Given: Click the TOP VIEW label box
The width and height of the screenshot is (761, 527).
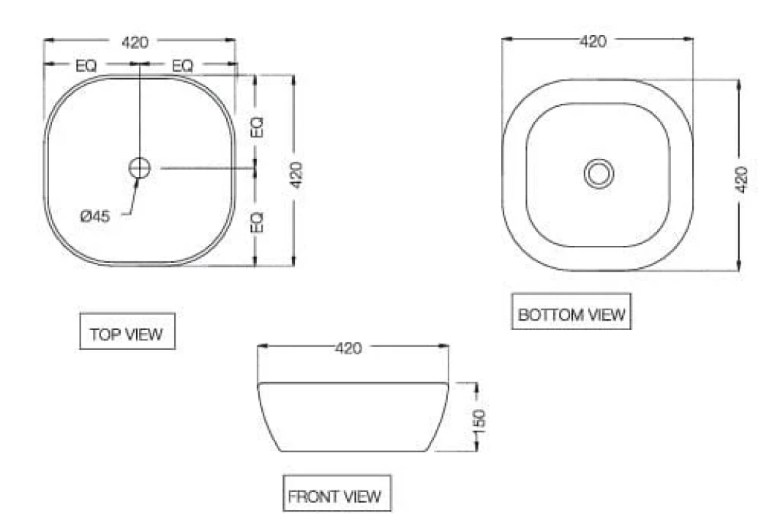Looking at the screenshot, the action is tap(127, 331).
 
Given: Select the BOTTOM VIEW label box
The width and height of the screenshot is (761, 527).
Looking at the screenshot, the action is tap(571, 312).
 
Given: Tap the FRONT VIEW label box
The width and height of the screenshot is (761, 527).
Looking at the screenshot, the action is tap(337, 493).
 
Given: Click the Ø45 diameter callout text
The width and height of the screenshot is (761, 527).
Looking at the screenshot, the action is tap(95, 215).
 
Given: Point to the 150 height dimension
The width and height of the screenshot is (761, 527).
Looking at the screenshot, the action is tap(479, 420).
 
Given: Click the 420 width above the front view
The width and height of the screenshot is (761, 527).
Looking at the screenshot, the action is tap(348, 348).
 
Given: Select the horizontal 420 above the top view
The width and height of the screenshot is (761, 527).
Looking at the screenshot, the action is tap(135, 42).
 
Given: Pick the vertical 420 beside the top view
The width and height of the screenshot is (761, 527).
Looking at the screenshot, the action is tap(296, 175).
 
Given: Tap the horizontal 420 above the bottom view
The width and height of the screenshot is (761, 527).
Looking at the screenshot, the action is tap(593, 41).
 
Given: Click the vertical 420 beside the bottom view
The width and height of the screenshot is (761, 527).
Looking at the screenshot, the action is tap(741, 179).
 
